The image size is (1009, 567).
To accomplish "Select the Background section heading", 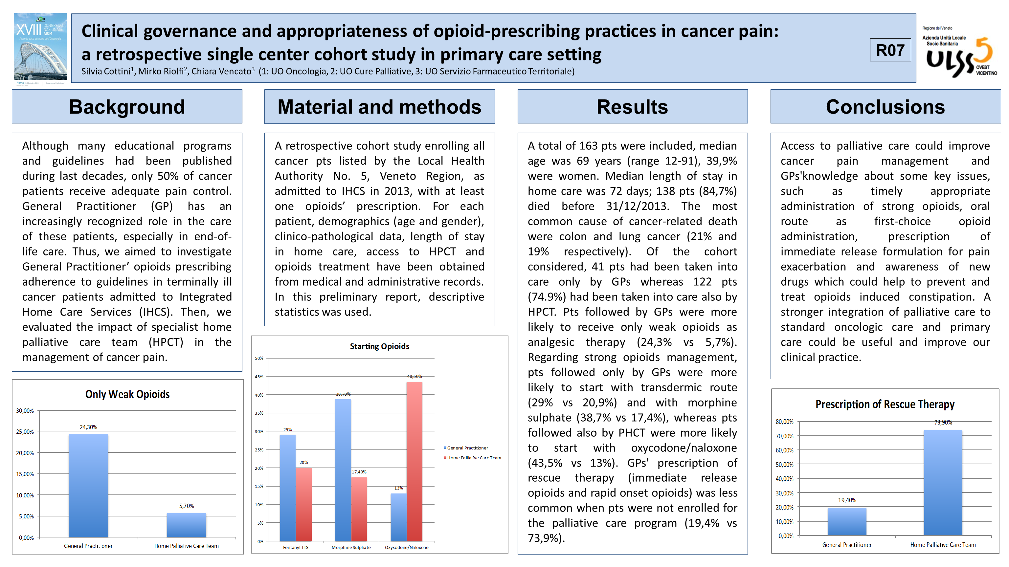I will pyautogui.click(x=127, y=106).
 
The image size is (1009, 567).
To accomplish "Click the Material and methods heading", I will pyautogui.click(x=379, y=106).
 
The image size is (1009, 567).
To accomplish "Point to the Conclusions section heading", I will pyautogui.click(x=885, y=106).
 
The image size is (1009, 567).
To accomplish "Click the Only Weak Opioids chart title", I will pyautogui.click(x=127, y=394).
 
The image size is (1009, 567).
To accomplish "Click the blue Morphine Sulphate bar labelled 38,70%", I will pyautogui.click(x=343, y=470).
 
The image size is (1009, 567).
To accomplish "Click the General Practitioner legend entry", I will pyautogui.click(x=466, y=448).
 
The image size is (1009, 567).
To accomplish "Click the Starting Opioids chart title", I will pyautogui.click(x=379, y=346).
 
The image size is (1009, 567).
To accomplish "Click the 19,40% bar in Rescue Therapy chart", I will pyautogui.click(x=847, y=522).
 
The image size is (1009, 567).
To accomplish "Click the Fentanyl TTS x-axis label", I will pyautogui.click(x=296, y=547).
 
